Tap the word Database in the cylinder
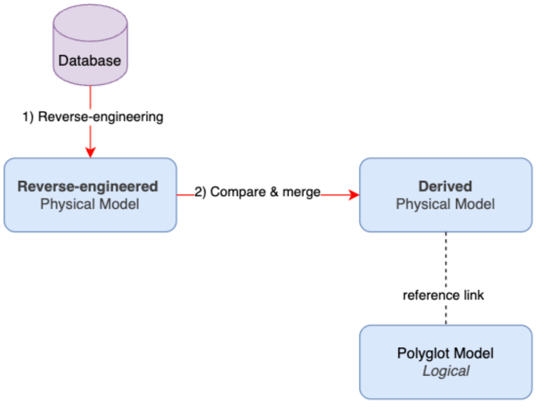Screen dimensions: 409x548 [x=90, y=60]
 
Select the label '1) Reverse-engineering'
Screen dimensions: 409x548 [x=93, y=117]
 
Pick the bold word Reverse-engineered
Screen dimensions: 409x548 [x=88, y=187]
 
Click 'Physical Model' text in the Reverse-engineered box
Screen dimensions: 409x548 [x=90, y=204]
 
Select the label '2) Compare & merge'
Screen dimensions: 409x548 [x=257, y=192]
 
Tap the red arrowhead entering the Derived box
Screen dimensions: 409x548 [x=354, y=195]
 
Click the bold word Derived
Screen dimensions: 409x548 [x=445, y=186]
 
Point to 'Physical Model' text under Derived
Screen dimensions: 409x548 [x=445, y=204]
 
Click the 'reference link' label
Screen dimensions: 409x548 [x=443, y=295]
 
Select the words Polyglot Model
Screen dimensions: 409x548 [x=445, y=353]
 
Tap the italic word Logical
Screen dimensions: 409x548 [x=446, y=371]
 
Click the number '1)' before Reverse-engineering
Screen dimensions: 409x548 [x=29, y=117]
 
